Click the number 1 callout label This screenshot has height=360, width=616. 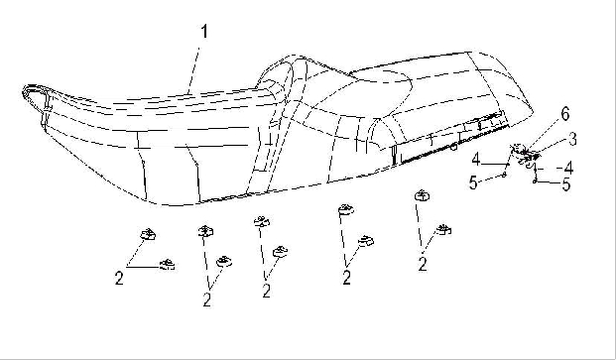(204, 32)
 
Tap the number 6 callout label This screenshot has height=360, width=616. (565, 114)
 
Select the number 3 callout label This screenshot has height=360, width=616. (572, 140)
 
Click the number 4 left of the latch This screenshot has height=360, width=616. (476, 160)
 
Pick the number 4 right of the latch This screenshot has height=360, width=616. (568, 168)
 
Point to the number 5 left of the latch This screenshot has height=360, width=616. (473, 182)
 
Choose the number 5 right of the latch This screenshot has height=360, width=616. (566, 184)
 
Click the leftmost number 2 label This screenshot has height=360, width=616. (119, 279)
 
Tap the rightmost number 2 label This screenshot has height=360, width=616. (423, 264)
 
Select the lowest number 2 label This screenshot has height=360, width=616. (207, 300)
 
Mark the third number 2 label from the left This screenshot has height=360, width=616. (267, 291)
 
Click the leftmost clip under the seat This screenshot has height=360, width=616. (148, 234)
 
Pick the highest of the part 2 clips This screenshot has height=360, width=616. (423, 195)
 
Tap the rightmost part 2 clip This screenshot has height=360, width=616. (443, 229)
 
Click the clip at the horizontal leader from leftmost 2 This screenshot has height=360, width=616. (168, 265)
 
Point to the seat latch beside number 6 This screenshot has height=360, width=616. (524, 154)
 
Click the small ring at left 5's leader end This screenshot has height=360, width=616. (505, 174)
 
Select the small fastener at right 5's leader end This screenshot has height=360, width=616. (535, 181)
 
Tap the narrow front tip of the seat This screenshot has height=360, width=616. (25, 92)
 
